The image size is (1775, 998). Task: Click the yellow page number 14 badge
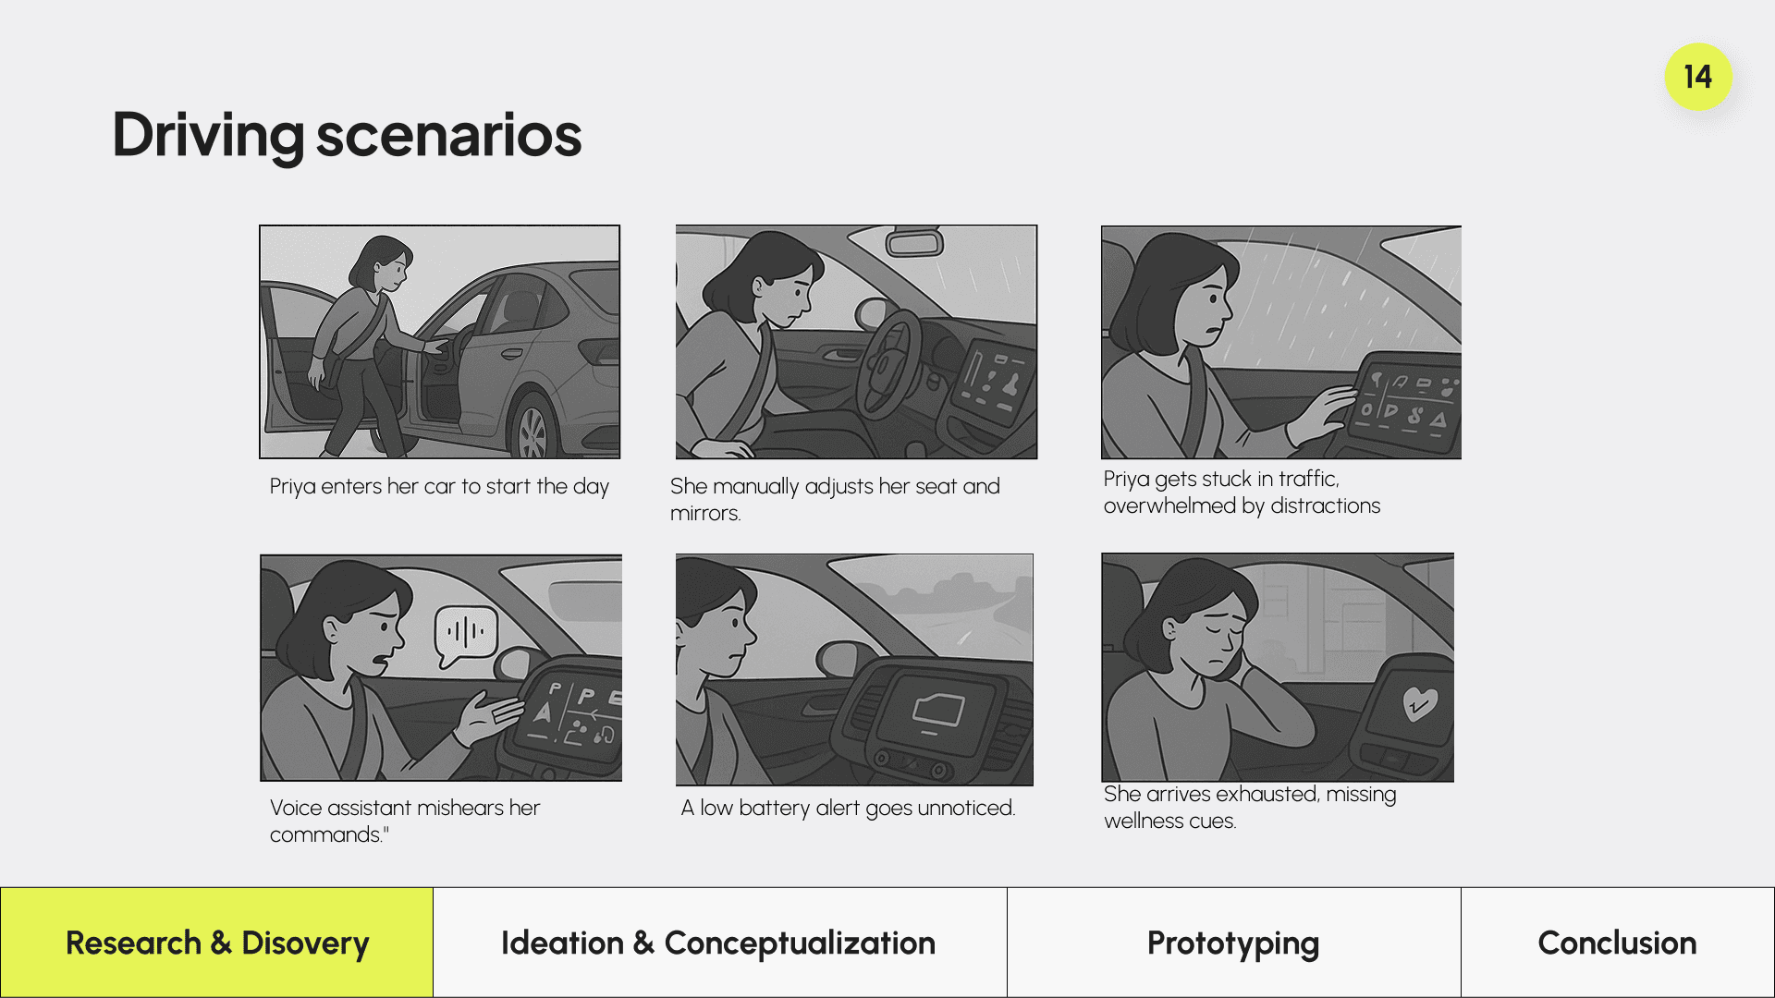click(1698, 77)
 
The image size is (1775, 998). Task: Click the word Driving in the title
click(208, 136)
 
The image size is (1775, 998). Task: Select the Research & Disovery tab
click(217, 943)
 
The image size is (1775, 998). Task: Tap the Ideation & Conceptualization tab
click(719, 943)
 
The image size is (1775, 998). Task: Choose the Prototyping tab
click(1233, 943)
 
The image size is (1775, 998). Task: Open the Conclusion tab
click(1618, 943)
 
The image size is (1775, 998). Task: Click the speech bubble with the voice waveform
click(466, 635)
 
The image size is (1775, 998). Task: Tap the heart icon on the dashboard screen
click(1420, 703)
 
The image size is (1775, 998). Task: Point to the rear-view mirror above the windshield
click(914, 242)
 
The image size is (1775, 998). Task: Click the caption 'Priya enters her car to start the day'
click(439, 486)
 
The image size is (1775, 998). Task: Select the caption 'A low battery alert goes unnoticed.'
click(848, 808)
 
